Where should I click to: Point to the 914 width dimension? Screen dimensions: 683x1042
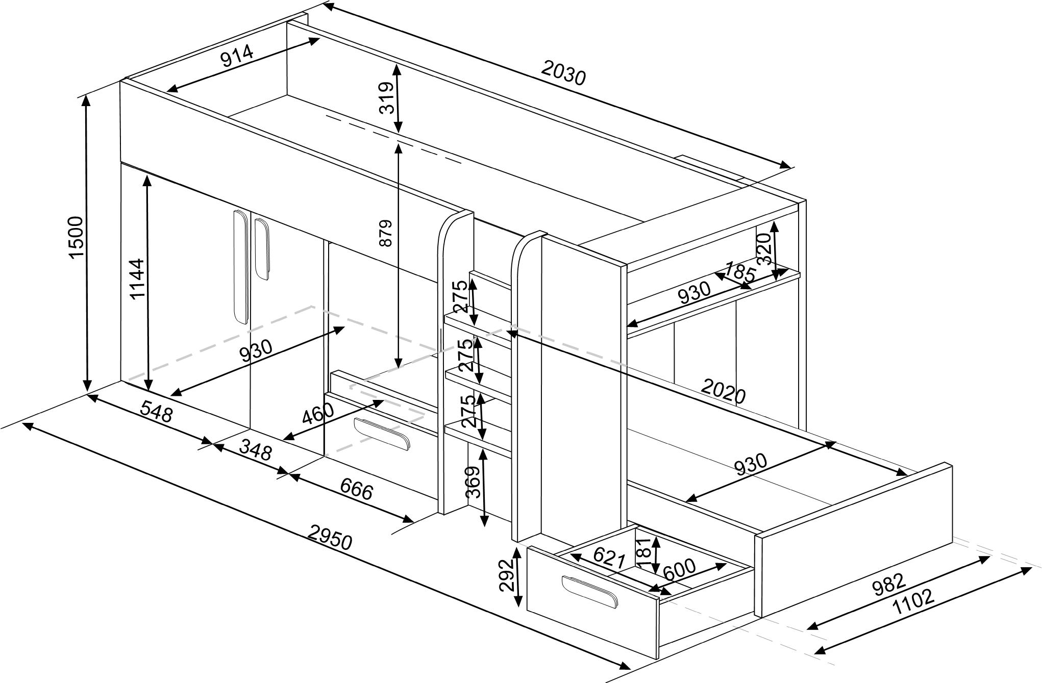[237, 56]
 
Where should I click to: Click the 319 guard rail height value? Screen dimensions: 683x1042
[387, 97]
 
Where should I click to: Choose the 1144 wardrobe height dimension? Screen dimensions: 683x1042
[137, 279]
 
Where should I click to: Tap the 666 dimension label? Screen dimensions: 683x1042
[356, 490]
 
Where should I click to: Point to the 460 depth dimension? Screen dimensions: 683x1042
[317, 413]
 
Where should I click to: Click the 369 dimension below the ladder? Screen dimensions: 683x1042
[473, 482]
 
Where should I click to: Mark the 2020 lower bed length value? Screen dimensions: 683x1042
[723, 391]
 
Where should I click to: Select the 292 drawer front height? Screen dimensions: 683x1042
[506, 575]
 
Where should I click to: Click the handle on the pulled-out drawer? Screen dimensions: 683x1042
[590, 591]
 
